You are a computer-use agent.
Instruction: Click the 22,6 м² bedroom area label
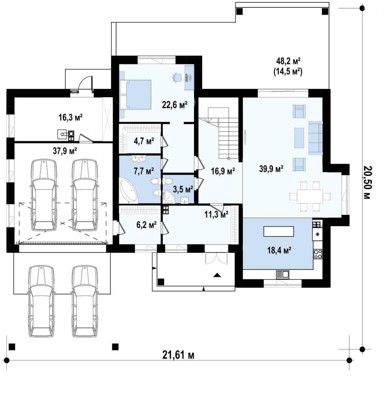tap(175, 105)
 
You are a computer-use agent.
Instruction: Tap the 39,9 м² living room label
tap(271, 169)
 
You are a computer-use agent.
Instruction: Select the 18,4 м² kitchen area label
tap(279, 250)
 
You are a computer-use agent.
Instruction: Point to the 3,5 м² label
tap(183, 189)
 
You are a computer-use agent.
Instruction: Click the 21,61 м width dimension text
tap(178, 355)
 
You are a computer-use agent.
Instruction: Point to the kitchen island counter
tap(279, 231)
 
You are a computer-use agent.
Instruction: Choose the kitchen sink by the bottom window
tap(283, 275)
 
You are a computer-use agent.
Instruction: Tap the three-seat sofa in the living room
tap(316, 138)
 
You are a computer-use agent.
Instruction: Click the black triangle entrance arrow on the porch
tap(217, 275)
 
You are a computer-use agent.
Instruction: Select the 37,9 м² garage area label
tap(65, 151)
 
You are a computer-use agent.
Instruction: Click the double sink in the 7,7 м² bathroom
tap(139, 159)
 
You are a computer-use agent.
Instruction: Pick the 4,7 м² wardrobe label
tap(144, 141)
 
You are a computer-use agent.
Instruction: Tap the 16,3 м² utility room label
tap(70, 117)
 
